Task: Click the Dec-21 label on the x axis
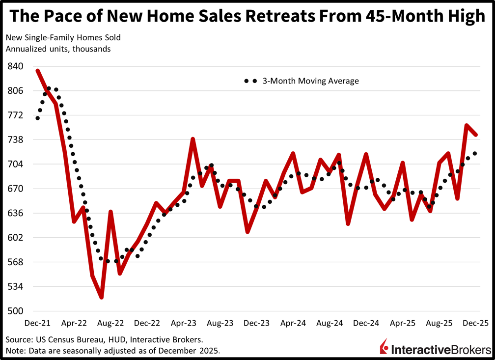pyautogui.click(x=37, y=324)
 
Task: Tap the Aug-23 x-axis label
pyautogui.click(x=220, y=324)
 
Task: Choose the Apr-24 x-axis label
pyautogui.click(x=294, y=324)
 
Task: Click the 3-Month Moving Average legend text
pyautogui.click(x=310, y=81)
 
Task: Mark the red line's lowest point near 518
pyautogui.click(x=101, y=297)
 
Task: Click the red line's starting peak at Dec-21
pyautogui.click(x=38, y=71)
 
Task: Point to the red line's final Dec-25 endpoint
pyautogui.click(x=476, y=134)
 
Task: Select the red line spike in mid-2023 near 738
pyautogui.click(x=193, y=139)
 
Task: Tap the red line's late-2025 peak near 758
pyautogui.click(x=467, y=125)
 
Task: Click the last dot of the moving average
pyautogui.click(x=475, y=154)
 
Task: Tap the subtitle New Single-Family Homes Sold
pyautogui.click(x=63, y=37)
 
